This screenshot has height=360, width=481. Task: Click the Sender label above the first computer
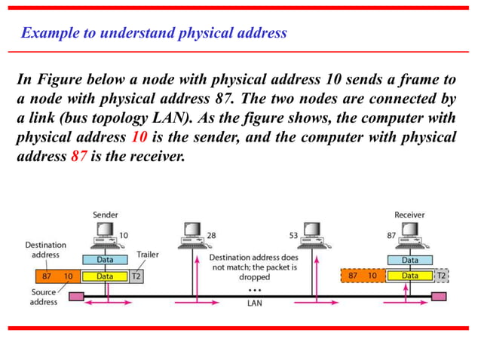tap(105, 215)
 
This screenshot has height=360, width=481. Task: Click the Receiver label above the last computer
tap(409, 215)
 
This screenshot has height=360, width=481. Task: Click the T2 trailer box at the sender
tap(136, 276)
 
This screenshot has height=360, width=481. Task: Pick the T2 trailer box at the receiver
tap(441, 276)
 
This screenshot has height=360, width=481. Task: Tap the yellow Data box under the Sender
tap(105, 276)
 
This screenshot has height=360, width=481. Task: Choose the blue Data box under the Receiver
tap(409, 260)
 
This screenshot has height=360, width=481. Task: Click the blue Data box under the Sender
tap(105, 260)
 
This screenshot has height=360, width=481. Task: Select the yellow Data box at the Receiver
tap(409, 276)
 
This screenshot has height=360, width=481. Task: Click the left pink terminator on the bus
tap(76, 295)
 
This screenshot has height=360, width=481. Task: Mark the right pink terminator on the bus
tap(438, 295)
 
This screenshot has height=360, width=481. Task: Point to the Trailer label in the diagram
tap(148, 255)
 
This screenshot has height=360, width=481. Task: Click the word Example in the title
tap(47, 32)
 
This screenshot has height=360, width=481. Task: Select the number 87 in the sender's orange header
tap(47, 276)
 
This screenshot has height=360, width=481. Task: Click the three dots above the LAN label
tap(254, 289)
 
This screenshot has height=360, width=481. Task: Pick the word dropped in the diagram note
tap(254, 276)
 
